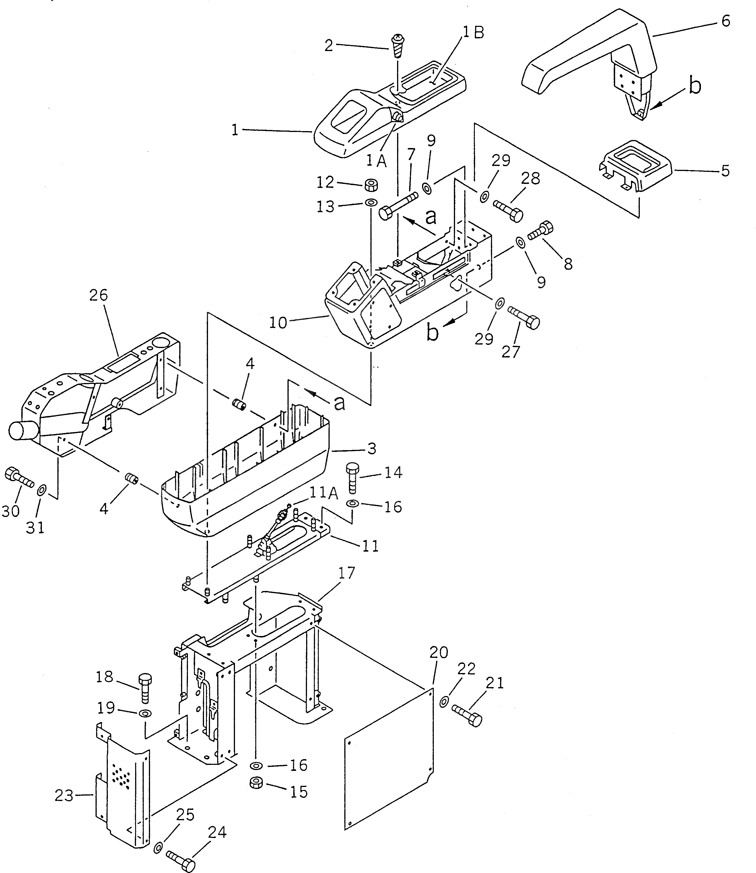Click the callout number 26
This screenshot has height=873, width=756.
[98, 295]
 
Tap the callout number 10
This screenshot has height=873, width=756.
[278, 323]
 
